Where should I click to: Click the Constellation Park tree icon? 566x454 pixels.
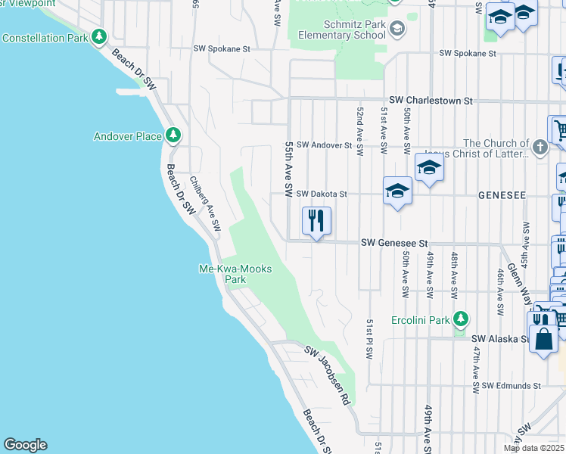click(x=99, y=36)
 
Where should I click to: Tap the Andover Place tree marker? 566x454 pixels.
click(x=174, y=135)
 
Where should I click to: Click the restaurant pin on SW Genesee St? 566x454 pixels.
click(x=316, y=221)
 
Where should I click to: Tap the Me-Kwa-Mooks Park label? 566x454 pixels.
click(x=235, y=273)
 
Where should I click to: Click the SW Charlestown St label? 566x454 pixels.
click(x=431, y=100)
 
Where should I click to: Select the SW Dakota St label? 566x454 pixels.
click(x=321, y=194)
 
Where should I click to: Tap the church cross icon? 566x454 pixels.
click(x=540, y=148)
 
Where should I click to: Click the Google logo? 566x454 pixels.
click(x=25, y=445)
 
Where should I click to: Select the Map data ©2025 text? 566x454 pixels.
click(x=533, y=448)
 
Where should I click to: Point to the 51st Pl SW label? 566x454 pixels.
click(x=371, y=337)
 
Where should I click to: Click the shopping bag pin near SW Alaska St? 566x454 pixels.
click(x=543, y=334)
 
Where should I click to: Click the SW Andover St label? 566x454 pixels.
click(x=324, y=145)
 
